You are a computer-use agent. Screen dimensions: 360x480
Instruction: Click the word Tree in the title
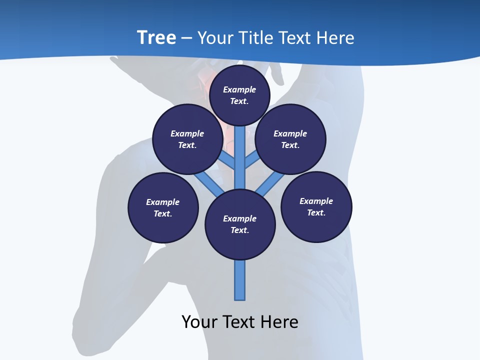tap(156, 37)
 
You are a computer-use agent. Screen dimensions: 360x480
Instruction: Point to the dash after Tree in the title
tap(186, 38)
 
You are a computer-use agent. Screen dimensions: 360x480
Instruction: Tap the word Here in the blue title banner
tap(335, 37)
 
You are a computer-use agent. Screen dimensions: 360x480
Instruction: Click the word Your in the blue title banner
tap(214, 37)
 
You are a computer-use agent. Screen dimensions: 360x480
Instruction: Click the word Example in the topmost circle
tap(239, 89)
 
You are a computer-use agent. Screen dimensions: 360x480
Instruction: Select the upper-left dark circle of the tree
tap(187, 139)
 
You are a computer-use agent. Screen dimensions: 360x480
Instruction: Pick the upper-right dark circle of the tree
tap(290, 139)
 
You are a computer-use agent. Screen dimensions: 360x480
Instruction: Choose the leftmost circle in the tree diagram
tap(163, 207)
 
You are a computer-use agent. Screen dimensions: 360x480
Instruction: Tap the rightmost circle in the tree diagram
tap(316, 206)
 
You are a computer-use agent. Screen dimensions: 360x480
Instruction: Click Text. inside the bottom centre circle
tap(239, 230)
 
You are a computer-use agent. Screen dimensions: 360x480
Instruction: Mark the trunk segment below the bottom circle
tap(240, 280)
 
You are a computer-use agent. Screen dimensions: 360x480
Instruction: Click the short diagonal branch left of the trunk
tap(227, 160)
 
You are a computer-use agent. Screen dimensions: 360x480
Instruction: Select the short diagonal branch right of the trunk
tap(252, 159)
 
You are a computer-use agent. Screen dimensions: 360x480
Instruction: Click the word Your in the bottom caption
tap(200, 321)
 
